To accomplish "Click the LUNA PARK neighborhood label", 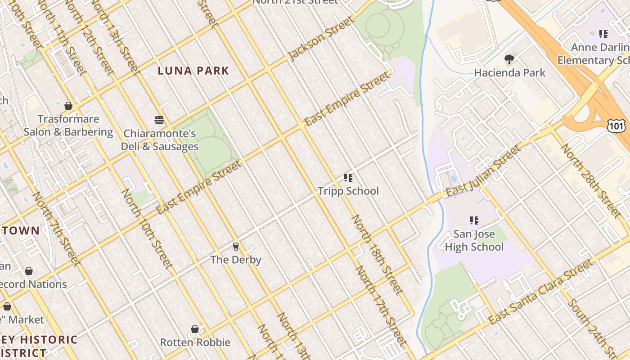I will click(x=193, y=71).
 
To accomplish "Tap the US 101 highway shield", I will click(x=616, y=126).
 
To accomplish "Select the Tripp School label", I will click(x=348, y=191).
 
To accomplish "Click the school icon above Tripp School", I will click(x=348, y=178).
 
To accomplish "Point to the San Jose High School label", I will click(x=474, y=240).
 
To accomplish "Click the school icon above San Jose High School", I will click(x=474, y=220).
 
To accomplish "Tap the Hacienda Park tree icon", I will click(x=509, y=59).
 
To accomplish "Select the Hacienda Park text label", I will click(x=509, y=72).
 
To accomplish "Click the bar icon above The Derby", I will click(x=235, y=247).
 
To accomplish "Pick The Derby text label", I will click(x=236, y=260).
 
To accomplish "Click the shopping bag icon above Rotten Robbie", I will click(x=195, y=329).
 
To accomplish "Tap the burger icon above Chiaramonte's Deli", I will click(x=159, y=120).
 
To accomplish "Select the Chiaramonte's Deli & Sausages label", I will click(x=160, y=140).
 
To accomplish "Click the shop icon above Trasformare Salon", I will click(x=68, y=106).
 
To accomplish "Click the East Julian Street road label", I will click(x=483, y=171).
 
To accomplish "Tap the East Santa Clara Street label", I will click(x=541, y=292).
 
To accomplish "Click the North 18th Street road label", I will click(x=377, y=254).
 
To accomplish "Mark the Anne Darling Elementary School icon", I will click(x=603, y=34).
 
